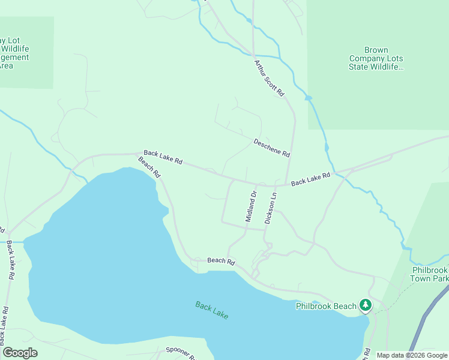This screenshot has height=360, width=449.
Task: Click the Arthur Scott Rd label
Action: click(268, 79)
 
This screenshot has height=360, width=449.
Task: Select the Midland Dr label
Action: click(251, 206)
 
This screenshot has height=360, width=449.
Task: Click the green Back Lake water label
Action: click(212, 310)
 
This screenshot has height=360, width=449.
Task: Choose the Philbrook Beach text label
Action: click(327, 306)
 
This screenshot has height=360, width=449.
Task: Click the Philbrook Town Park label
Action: click(430, 274)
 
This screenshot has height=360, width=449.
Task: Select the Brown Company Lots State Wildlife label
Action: click(376, 59)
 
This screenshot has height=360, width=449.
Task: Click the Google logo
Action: click(20, 353)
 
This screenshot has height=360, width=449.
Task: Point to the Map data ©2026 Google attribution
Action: click(412, 355)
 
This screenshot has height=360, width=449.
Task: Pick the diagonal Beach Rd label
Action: click(149, 167)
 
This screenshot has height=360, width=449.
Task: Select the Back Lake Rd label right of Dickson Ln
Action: click(311, 179)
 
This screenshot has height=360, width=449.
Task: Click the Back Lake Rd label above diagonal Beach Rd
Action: click(163, 158)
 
